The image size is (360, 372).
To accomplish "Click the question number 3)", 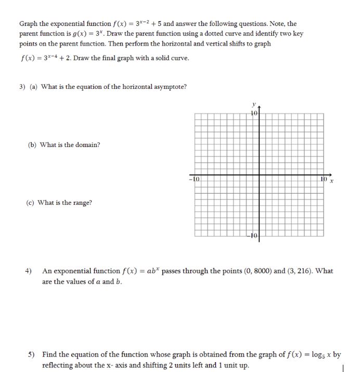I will [23, 87].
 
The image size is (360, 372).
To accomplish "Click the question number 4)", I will [29, 271].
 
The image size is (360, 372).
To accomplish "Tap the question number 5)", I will [31, 354].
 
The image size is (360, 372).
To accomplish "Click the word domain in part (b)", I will [89, 145].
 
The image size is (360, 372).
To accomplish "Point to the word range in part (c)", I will [83, 203].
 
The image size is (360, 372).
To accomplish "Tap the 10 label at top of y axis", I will [254, 113].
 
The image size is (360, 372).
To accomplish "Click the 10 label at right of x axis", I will [324, 179].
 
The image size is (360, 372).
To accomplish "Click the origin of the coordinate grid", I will [260, 175].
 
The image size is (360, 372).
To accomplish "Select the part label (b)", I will [32, 145].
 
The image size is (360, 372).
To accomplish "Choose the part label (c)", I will [32, 203].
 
